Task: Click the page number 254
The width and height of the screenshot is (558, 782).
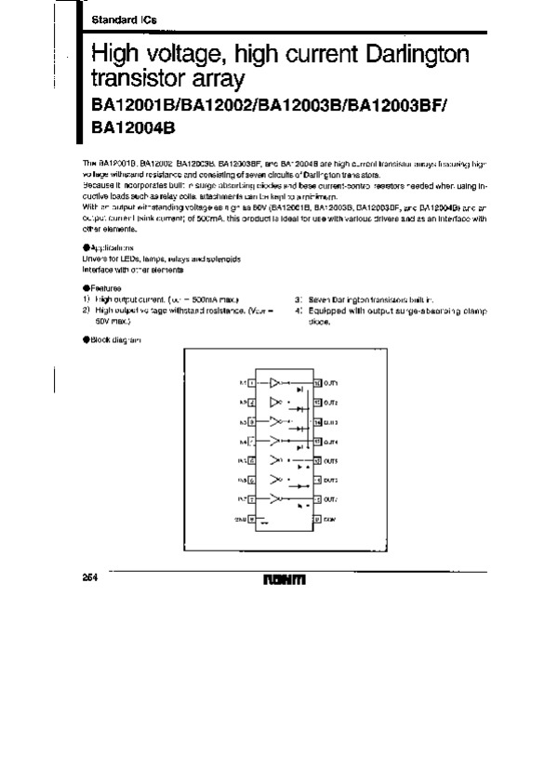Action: tap(80, 577)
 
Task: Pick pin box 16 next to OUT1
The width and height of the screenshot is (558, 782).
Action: tap(317, 382)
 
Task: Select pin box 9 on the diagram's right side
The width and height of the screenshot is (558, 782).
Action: tap(317, 519)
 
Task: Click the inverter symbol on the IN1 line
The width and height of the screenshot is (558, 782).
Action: tap(276, 382)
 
